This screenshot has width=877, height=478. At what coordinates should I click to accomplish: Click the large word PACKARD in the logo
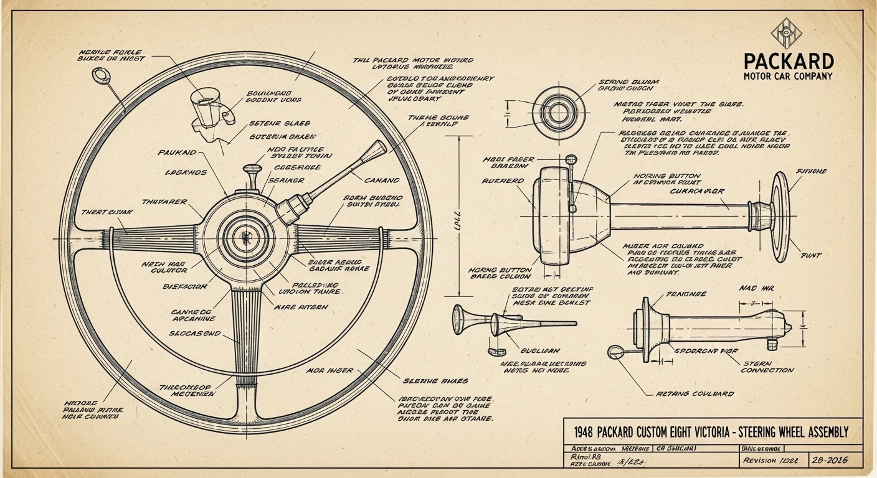(x=789, y=61)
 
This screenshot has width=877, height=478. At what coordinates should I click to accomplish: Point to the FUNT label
(x=810, y=255)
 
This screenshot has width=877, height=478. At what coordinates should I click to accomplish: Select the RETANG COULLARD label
(x=695, y=394)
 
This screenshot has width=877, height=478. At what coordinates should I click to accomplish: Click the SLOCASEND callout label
(x=194, y=334)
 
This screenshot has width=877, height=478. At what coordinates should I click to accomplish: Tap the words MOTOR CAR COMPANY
(x=789, y=77)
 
